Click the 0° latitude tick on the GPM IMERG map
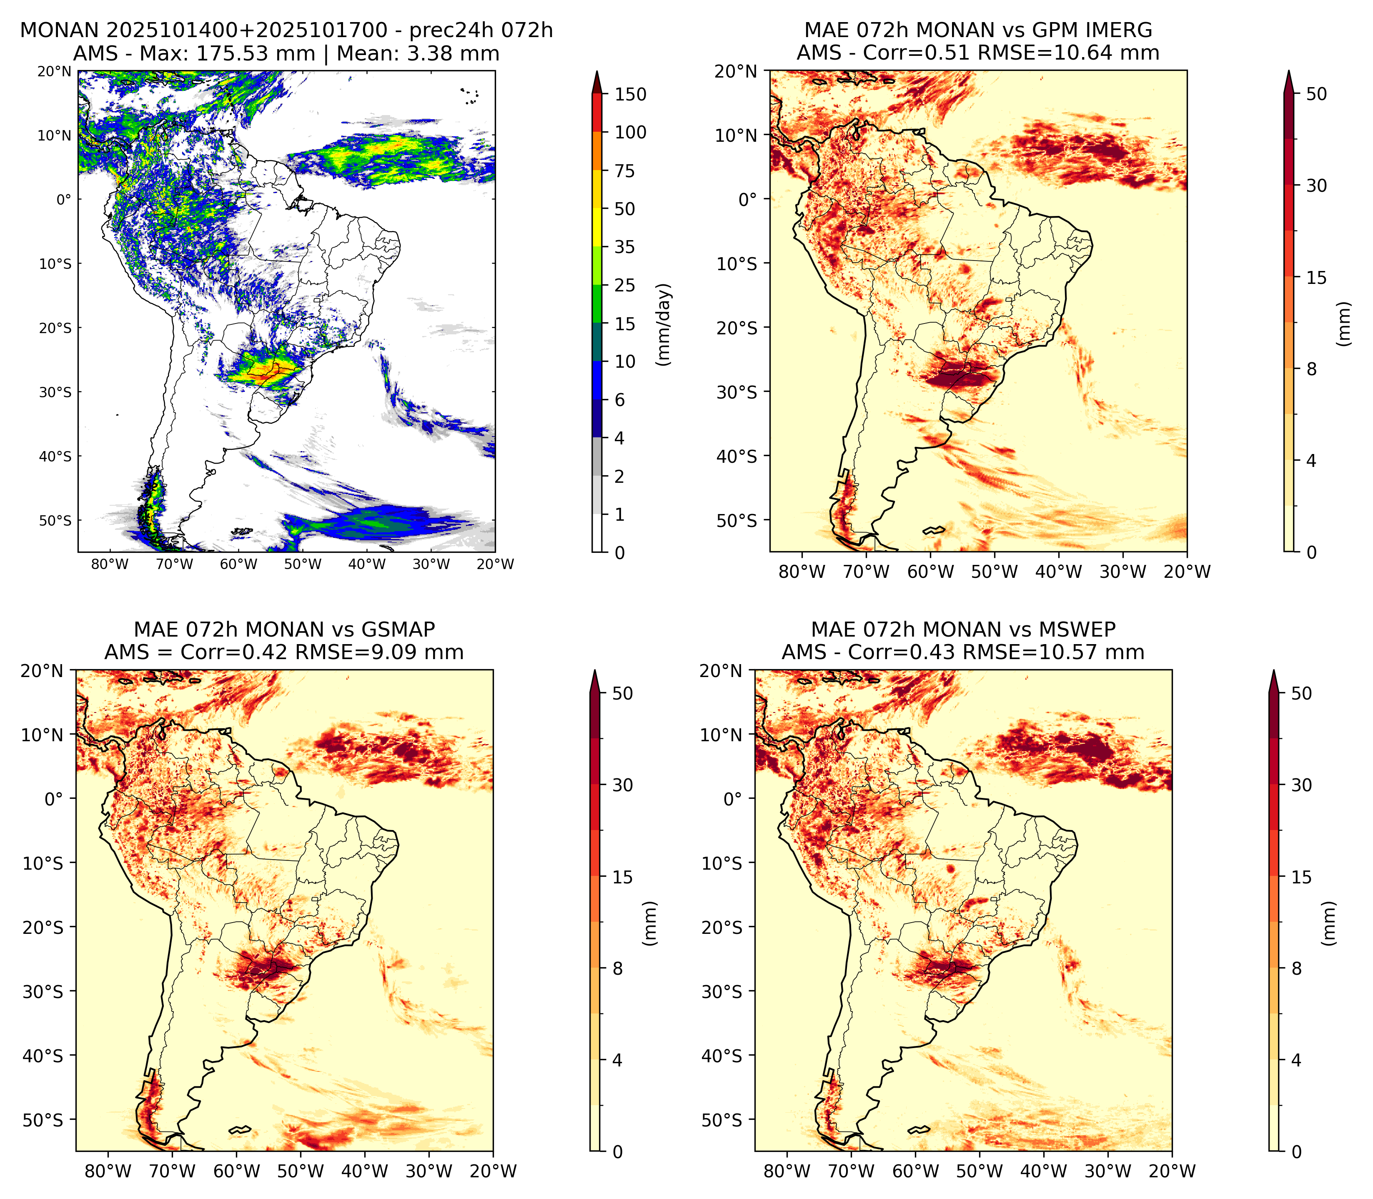pyautogui.click(x=748, y=199)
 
